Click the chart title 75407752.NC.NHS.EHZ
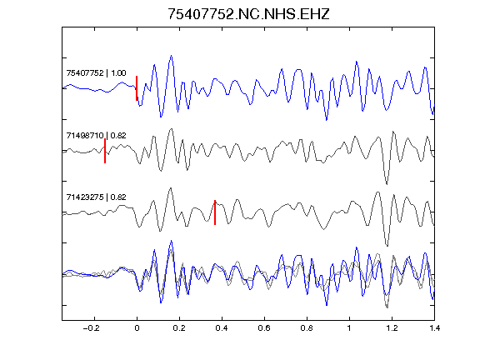248,14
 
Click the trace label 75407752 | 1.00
96,73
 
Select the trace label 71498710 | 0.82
96,136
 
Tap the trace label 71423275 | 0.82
96,197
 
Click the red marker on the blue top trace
137,88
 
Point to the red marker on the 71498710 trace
105,151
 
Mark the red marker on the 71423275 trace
215,212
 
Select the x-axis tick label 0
137,328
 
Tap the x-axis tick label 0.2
179,328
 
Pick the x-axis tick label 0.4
222,328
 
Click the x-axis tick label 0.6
264,328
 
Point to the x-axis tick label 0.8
307,328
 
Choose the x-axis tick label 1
349,328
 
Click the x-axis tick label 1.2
392,328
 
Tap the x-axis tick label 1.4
434,328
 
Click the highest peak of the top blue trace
171,56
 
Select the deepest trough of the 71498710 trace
387,184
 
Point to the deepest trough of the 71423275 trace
387,246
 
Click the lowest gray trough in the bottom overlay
387,307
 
